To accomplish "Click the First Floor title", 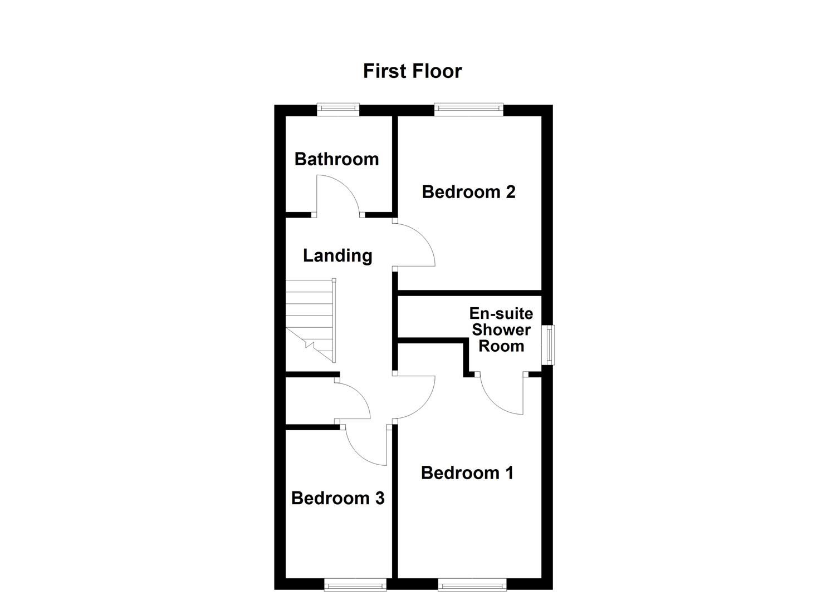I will (412, 71).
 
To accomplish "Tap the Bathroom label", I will (336, 159).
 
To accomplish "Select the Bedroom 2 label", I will (468, 192).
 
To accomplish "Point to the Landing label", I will (337, 255).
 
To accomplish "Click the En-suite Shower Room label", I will (501, 329).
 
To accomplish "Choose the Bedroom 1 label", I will (467, 473).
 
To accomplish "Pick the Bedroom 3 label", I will (337, 498).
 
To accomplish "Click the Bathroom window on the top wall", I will (338, 110).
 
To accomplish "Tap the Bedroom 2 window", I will (468, 110).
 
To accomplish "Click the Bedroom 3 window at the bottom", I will (355, 584).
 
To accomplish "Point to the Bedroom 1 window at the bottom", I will (472, 584).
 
